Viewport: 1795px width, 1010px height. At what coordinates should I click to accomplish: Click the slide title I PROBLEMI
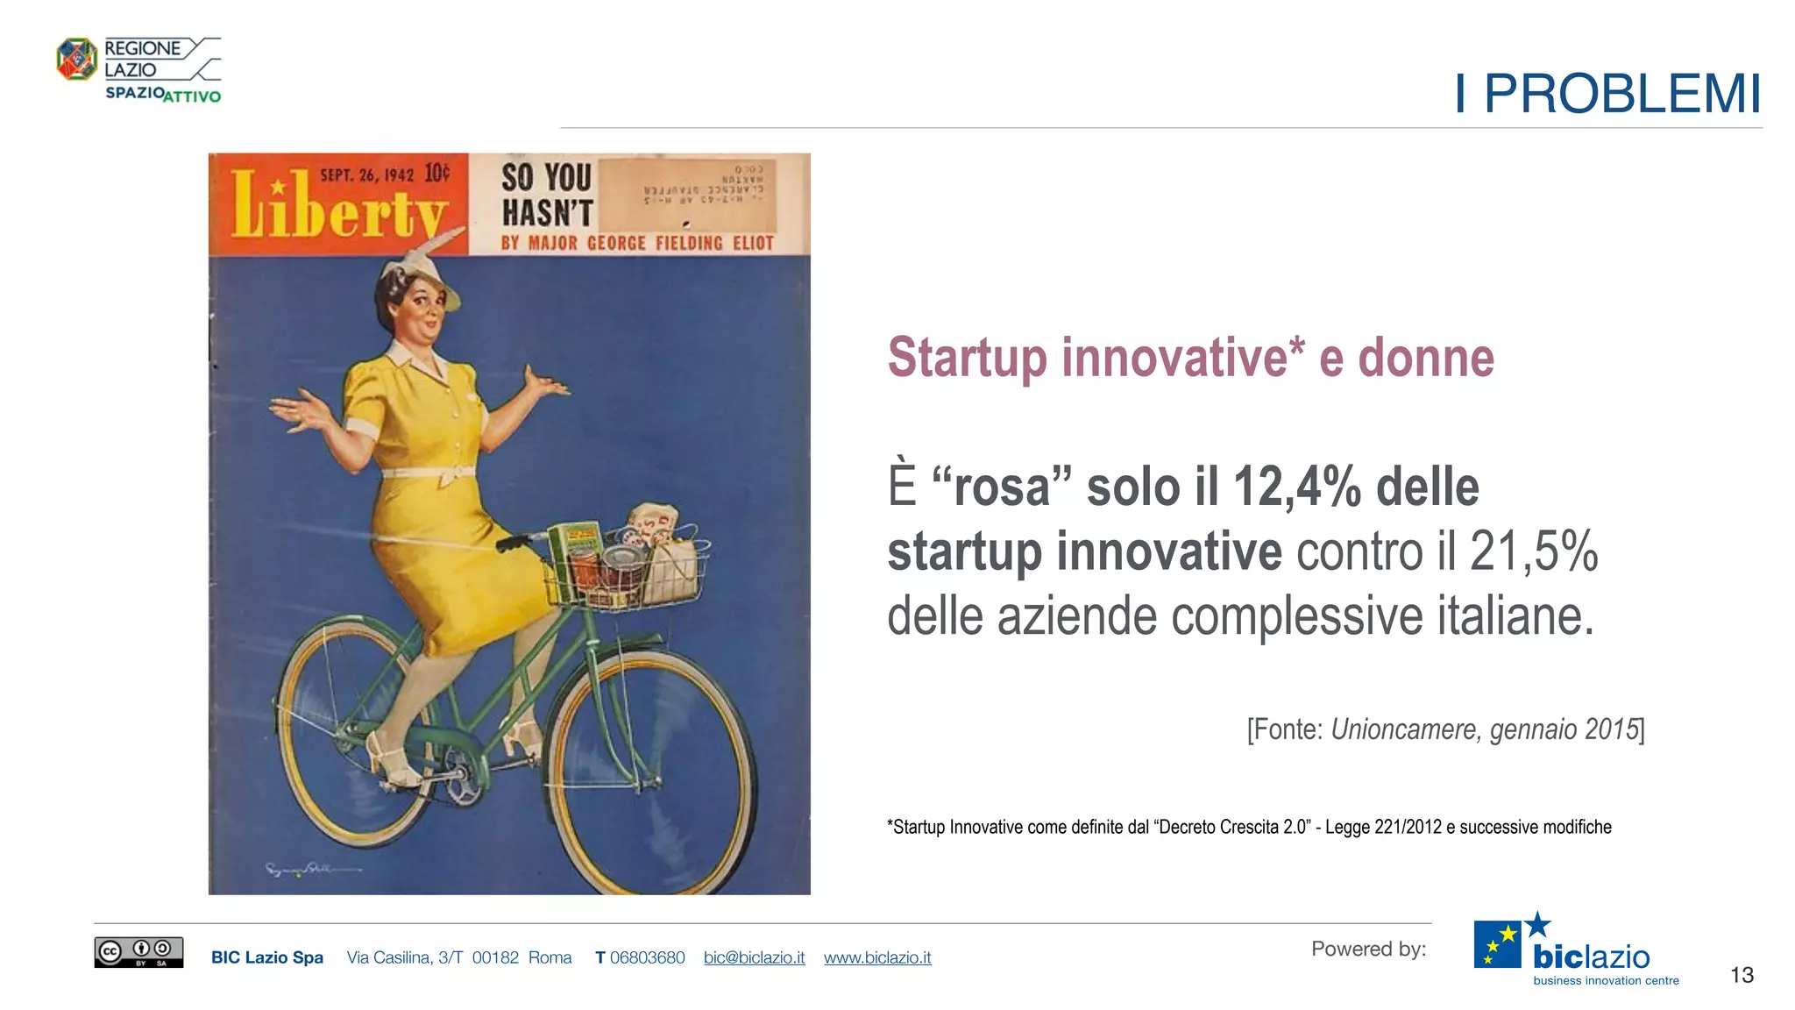[x=1607, y=94]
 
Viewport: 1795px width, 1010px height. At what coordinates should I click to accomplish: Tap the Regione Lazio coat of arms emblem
[x=77, y=60]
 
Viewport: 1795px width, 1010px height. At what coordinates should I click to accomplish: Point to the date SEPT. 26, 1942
[x=366, y=174]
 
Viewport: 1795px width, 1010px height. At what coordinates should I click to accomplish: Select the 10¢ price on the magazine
[x=437, y=173]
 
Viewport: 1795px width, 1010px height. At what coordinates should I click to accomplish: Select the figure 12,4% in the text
[x=1296, y=487]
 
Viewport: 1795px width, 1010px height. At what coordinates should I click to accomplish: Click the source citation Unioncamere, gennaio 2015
[x=1485, y=729]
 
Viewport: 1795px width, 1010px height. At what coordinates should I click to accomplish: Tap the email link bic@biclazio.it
[x=754, y=957]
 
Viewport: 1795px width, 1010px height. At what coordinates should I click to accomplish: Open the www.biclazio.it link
[x=877, y=957]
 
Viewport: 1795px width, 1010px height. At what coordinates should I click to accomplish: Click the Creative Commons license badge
[x=138, y=952]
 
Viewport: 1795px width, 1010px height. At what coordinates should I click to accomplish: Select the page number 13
[x=1742, y=975]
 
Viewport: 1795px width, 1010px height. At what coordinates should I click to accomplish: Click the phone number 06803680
[x=647, y=957]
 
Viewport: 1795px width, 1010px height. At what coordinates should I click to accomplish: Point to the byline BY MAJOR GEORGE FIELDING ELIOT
[x=637, y=243]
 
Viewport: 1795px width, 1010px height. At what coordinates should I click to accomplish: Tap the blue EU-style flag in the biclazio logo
[x=1497, y=944]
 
